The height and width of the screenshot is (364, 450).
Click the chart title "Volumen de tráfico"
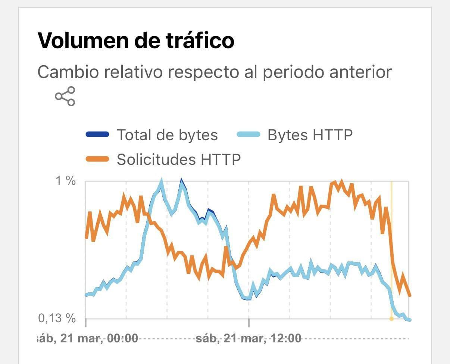pos(136,40)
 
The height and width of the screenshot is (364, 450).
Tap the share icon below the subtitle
pos(65,96)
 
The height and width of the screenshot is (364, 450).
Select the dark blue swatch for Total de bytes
pos(97,135)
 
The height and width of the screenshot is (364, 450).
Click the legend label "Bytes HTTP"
pos(310,135)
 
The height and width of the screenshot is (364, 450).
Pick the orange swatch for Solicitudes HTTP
pos(97,159)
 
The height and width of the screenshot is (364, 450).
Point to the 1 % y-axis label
pos(66,181)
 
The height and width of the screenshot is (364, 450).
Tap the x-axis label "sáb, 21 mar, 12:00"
pos(249,339)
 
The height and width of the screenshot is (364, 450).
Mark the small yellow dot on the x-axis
pos(391,319)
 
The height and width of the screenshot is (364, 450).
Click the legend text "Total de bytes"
pos(167,135)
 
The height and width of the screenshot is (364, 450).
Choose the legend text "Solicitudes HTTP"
pos(179,159)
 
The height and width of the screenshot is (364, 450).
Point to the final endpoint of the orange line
pos(410,295)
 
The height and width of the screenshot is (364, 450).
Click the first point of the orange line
pos(87,238)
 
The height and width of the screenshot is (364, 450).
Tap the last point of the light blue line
pos(410,320)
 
